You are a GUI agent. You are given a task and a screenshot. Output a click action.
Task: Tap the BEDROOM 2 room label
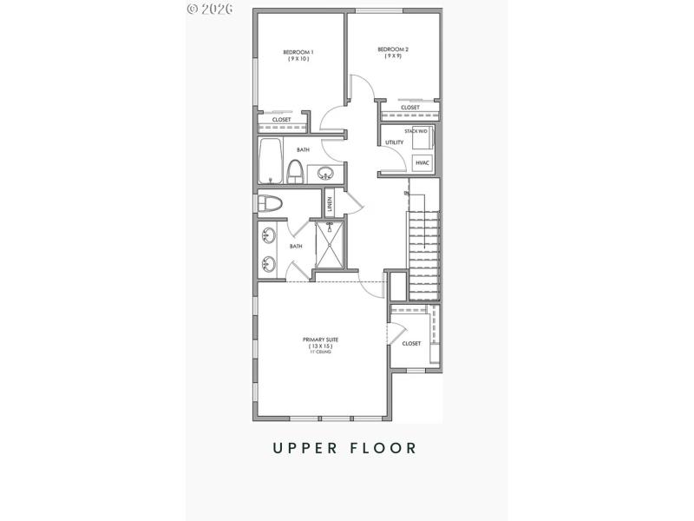393,49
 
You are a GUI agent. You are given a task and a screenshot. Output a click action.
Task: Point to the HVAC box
422,163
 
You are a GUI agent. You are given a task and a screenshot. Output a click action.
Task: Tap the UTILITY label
394,142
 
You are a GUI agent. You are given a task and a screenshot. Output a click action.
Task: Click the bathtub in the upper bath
271,162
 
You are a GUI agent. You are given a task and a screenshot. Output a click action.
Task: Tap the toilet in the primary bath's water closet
271,204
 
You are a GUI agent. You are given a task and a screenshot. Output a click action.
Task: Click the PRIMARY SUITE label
318,340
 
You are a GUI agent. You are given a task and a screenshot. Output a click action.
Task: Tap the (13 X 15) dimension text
318,346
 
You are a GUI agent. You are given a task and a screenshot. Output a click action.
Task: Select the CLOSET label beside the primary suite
411,344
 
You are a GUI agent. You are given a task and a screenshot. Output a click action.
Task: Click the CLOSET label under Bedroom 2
410,108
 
